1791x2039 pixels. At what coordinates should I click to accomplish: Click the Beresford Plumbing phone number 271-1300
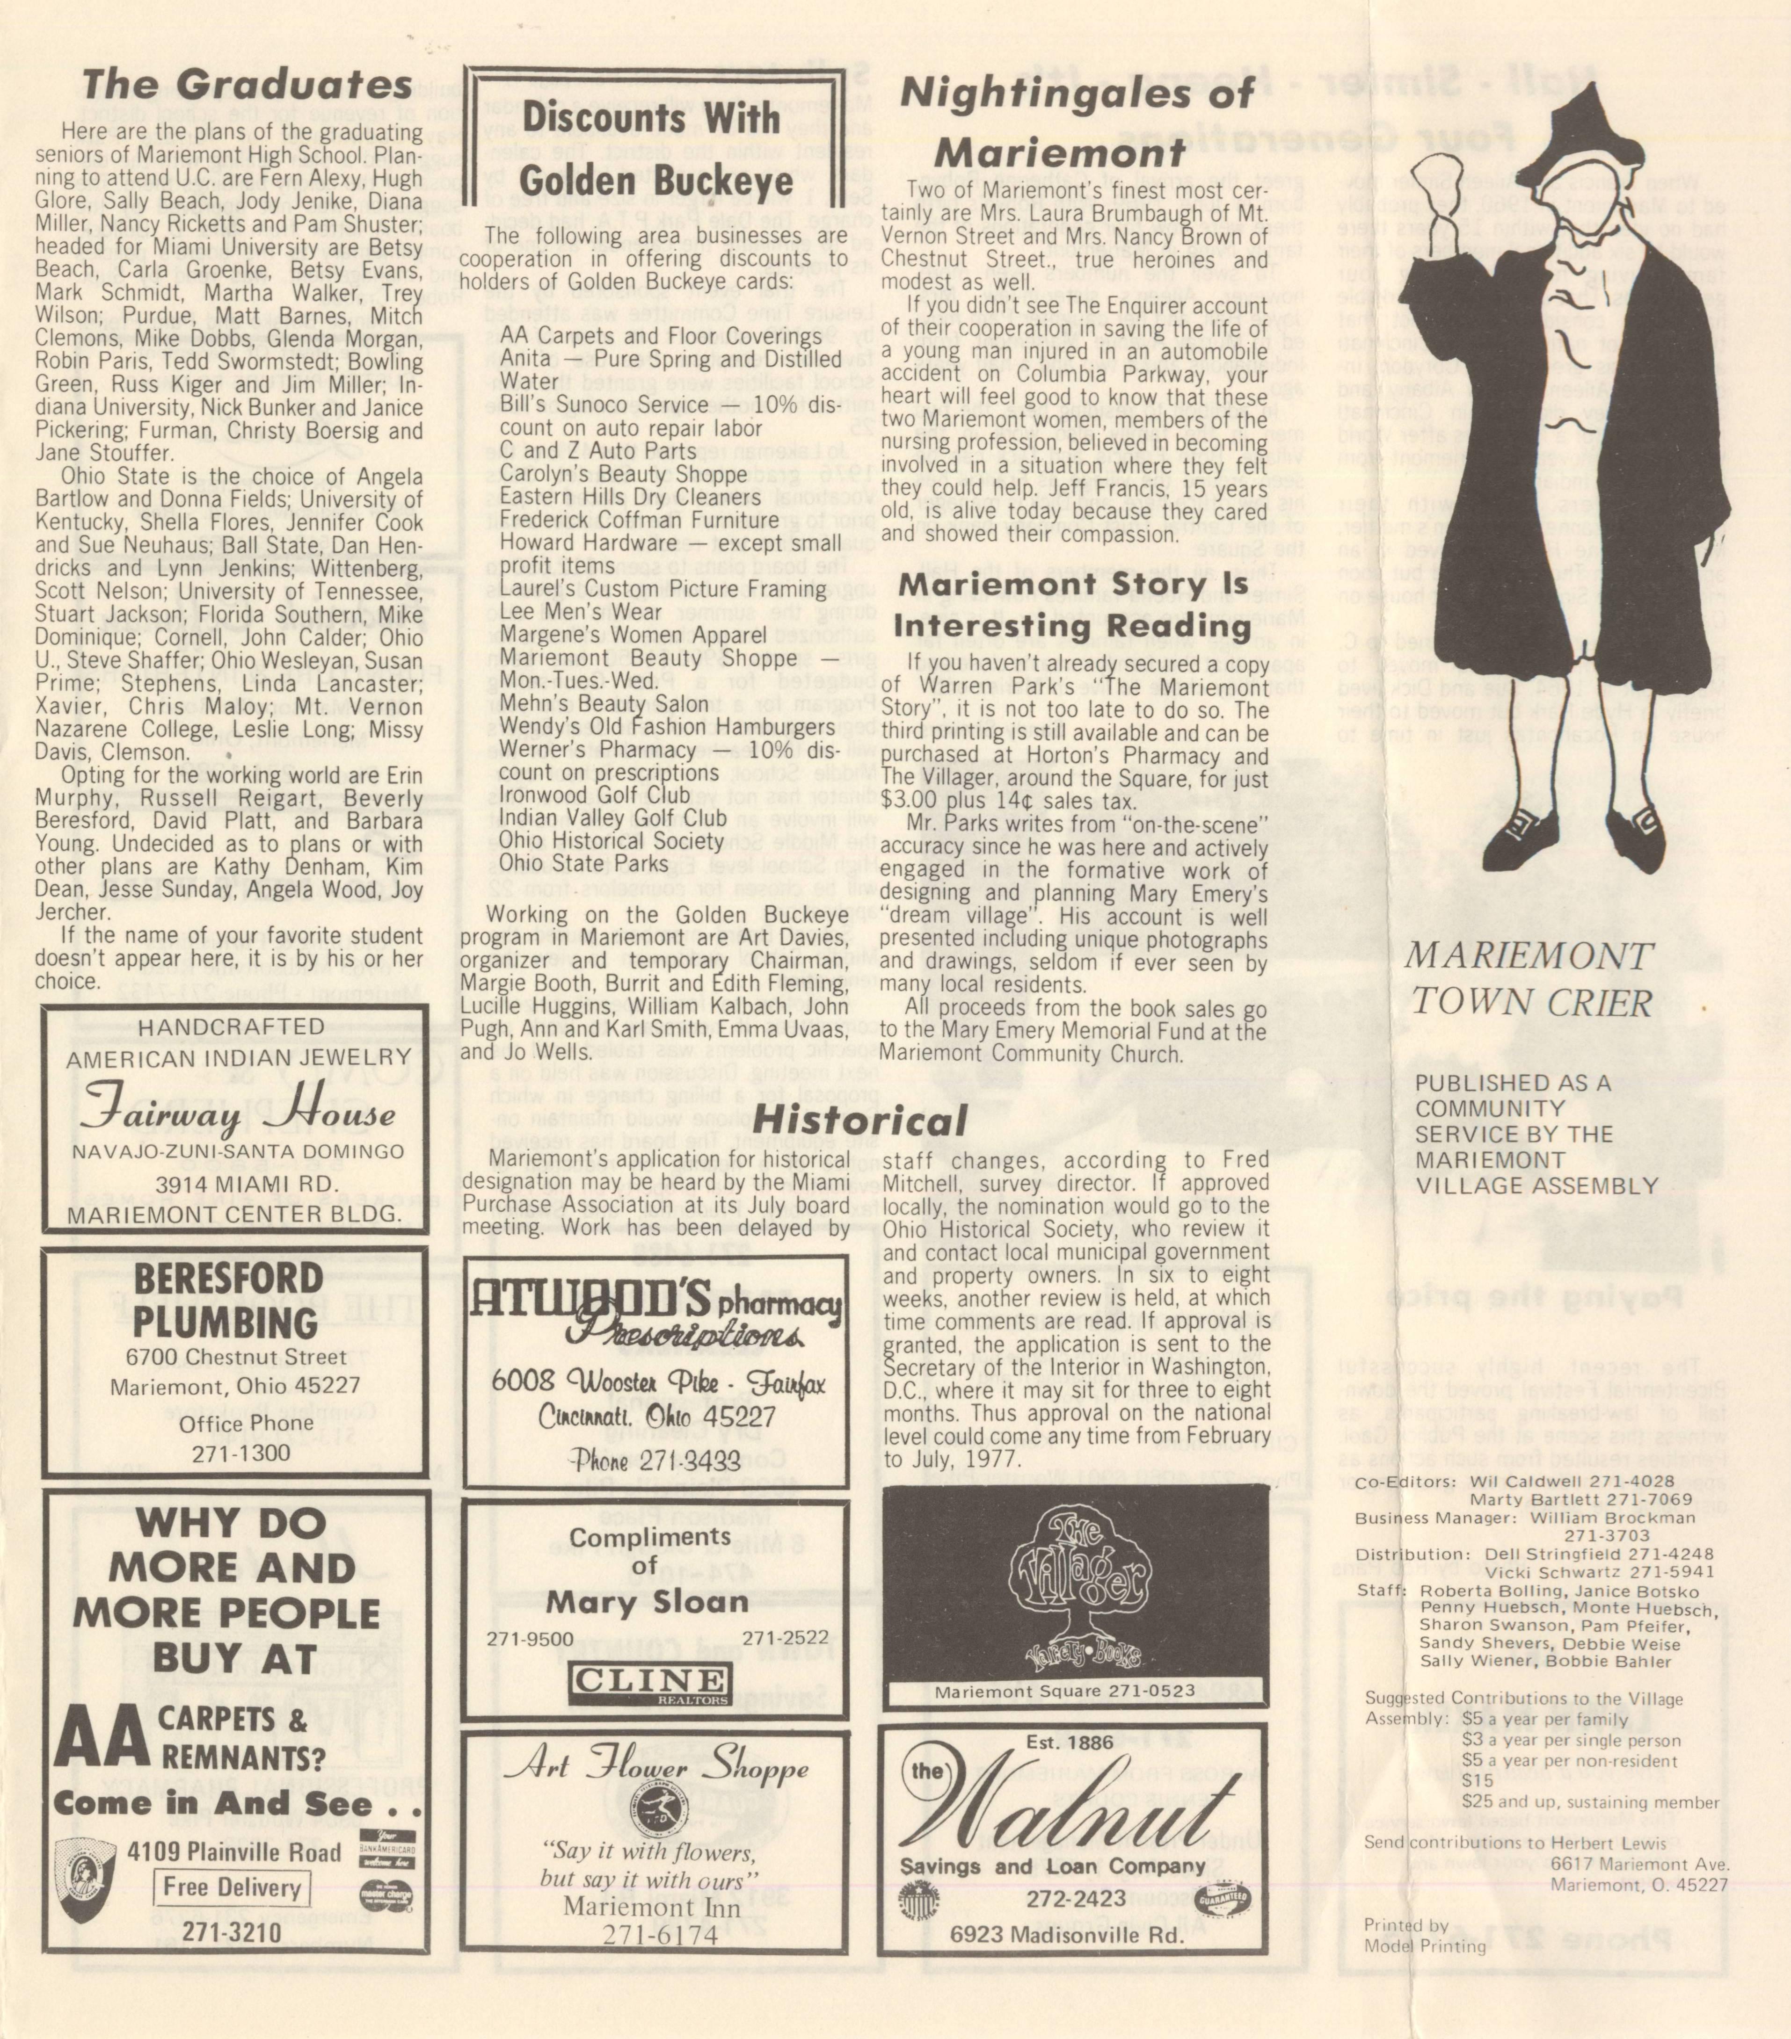[x=241, y=1453]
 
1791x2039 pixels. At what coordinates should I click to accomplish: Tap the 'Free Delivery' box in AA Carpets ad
[x=232, y=1887]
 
